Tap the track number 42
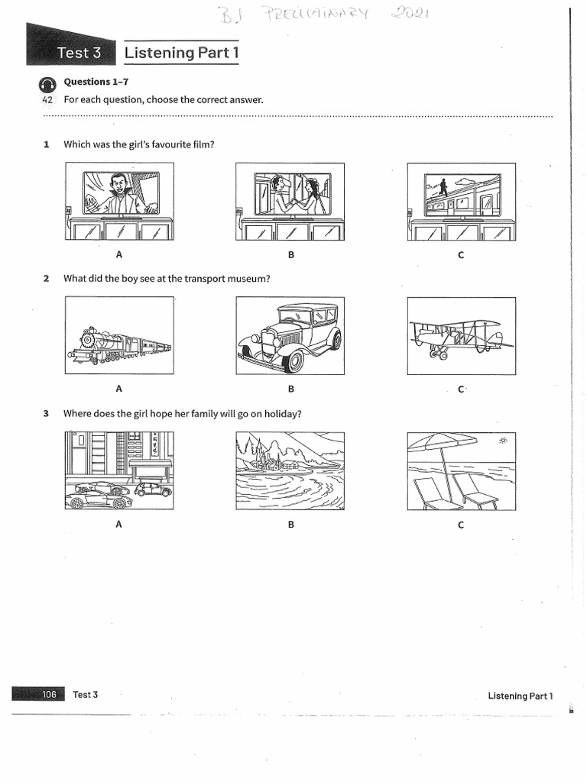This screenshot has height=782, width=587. [x=47, y=100]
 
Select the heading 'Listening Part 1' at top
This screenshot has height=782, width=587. [x=181, y=53]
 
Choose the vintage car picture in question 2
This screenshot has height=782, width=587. [x=290, y=336]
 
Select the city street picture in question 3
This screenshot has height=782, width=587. [x=119, y=470]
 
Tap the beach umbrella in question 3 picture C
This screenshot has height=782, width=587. [x=442, y=443]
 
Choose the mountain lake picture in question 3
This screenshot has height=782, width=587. [x=290, y=470]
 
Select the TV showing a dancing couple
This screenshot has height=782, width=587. [x=291, y=194]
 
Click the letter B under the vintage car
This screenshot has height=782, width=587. [x=290, y=389]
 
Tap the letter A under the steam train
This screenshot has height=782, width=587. [x=118, y=389]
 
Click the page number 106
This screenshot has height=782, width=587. [x=50, y=694]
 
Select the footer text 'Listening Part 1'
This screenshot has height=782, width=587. [x=520, y=696]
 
